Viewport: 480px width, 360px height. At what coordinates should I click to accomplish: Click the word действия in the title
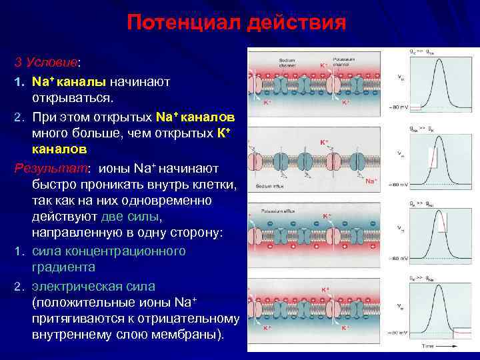pyautogui.click(x=295, y=23)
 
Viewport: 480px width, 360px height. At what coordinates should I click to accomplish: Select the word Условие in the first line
pyautogui.click(x=51, y=62)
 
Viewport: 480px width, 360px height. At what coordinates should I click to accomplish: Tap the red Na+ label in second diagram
pyautogui.click(x=371, y=181)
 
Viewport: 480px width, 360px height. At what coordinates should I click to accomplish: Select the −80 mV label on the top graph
pyautogui.click(x=397, y=107)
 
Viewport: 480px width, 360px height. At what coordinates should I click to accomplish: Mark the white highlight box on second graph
pyautogui.click(x=431, y=157)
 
